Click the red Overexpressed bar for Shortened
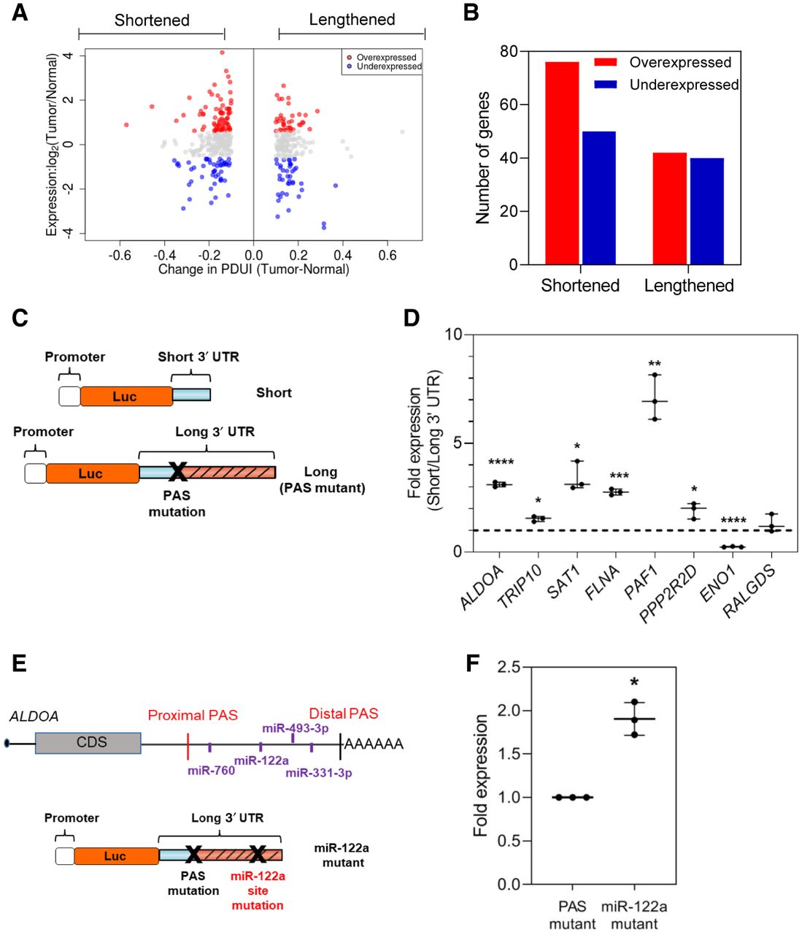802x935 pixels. (x=562, y=163)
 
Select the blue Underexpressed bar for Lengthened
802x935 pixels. (x=706, y=211)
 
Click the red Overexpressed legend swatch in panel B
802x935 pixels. (x=606, y=63)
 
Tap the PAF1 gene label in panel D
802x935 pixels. (x=642, y=582)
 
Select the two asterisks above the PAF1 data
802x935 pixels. (x=655, y=364)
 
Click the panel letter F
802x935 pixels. (x=473, y=663)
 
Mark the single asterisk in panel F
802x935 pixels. (x=634, y=682)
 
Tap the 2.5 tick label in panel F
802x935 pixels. (x=509, y=667)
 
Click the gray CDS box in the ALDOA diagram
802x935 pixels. (x=88, y=743)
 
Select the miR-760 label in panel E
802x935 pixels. (x=211, y=770)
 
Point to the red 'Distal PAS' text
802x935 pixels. (x=344, y=714)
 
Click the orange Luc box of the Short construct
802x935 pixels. (x=126, y=396)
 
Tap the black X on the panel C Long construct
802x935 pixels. (x=177, y=471)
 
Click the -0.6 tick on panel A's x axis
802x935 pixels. (x=120, y=255)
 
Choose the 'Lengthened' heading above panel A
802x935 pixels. (x=352, y=20)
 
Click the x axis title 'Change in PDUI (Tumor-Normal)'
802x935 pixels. (x=253, y=270)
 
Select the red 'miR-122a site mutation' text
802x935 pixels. (x=258, y=890)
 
